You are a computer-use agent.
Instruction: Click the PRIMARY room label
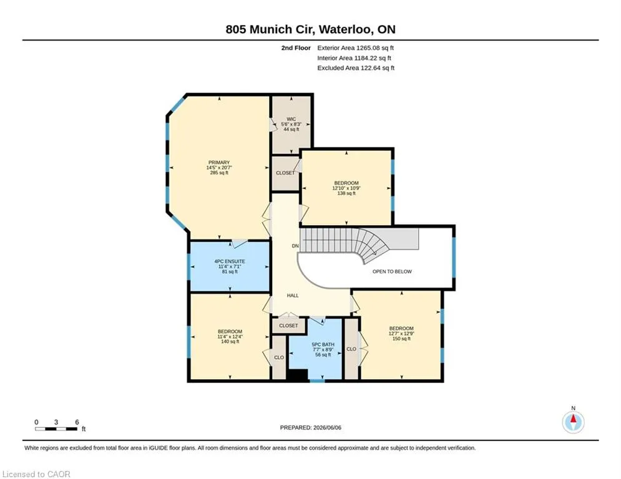tap(219, 162)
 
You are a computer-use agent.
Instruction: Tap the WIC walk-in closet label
tap(291, 119)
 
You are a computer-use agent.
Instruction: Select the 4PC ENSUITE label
tap(230, 261)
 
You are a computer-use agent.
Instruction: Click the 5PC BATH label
tap(323, 345)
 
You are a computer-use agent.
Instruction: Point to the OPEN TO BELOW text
tap(392, 271)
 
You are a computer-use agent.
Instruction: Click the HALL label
tap(293, 295)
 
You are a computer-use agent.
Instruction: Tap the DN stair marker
tap(295, 246)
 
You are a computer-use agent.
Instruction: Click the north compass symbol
tap(573, 422)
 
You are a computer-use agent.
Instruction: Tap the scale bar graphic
tap(56, 428)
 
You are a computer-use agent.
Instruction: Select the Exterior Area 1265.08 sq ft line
tap(355, 48)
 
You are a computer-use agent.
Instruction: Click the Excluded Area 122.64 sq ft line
tap(356, 68)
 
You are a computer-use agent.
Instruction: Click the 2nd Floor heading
tap(296, 48)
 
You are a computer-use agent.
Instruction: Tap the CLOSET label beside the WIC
tap(285, 173)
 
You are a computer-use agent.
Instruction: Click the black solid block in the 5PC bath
tap(297, 375)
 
